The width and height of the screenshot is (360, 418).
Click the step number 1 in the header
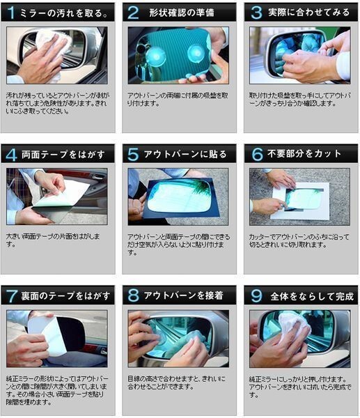11,12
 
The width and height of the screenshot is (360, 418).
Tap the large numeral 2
133,12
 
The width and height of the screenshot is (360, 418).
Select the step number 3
256,12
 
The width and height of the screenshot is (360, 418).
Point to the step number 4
11,154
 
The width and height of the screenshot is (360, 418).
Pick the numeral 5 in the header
133,154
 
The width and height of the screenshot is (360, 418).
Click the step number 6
256,154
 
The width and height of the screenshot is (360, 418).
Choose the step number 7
11,295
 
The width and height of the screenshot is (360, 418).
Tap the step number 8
133,295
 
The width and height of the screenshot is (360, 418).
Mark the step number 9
256,295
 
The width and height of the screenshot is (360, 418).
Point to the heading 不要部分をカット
307,154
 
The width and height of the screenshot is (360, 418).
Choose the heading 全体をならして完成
307,295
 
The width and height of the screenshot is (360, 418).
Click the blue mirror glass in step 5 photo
179,195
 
